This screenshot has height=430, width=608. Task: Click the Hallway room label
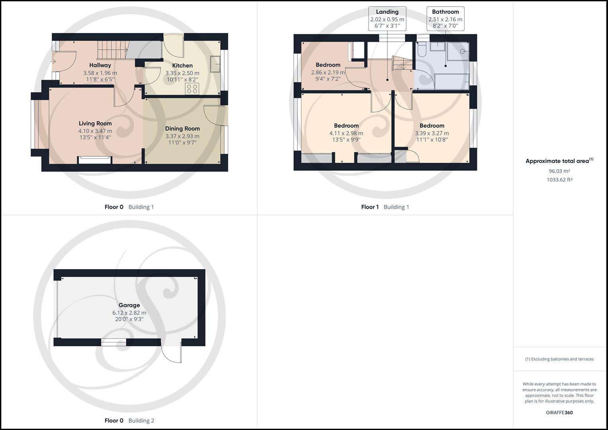click(x=100, y=65)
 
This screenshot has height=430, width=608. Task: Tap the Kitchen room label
click(x=182, y=66)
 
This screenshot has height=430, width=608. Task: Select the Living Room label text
click(x=95, y=123)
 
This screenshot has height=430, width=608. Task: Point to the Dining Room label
click(x=182, y=129)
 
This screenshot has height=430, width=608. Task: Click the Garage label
click(x=129, y=305)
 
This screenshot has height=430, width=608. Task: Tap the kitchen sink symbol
click(x=216, y=64)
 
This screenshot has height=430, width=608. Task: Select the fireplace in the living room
click(x=95, y=160)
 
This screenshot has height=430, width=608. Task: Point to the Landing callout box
click(x=387, y=18)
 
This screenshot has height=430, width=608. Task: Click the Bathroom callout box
click(x=445, y=18)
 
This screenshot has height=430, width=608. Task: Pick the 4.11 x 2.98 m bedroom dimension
click(x=346, y=133)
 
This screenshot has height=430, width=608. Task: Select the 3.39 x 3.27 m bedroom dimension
click(x=432, y=133)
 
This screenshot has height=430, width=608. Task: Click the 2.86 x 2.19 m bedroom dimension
click(x=328, y=73)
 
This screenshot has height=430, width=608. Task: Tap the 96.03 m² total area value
click(x=559, y=171)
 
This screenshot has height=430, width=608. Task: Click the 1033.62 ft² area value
click(x=559, y=180)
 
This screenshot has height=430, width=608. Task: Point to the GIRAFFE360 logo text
click(x=559, y=412)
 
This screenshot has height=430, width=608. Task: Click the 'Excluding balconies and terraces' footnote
click(x=559, y=359)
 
